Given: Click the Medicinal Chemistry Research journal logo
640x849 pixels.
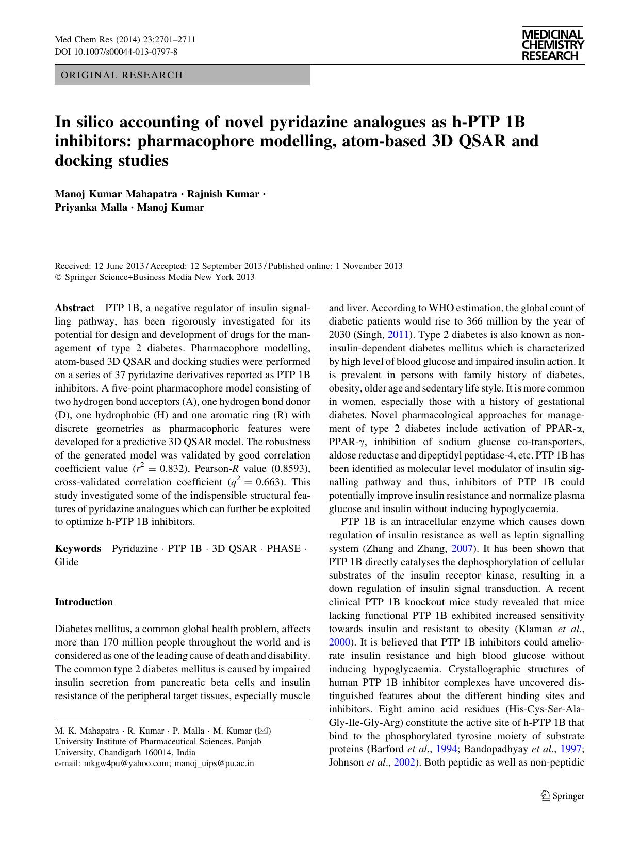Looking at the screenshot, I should (x=552, y=45).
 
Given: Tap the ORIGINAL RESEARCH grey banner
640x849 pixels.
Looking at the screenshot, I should (x=182, y=75).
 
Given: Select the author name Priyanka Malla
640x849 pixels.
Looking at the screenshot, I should (x=90, y=208).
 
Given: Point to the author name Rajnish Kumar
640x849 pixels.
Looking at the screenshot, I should (x=223, y=194).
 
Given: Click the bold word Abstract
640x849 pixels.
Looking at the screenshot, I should (x=74, y=308).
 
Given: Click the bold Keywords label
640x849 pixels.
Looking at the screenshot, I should (x=78, y=548).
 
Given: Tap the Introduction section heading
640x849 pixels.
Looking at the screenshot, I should (x=84, y=602).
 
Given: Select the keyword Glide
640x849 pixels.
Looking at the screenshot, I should (x=67, y=562).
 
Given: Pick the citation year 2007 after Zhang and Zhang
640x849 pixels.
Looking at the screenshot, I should (x=462, y=549).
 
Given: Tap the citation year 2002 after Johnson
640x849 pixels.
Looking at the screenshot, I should (x=404, y=763).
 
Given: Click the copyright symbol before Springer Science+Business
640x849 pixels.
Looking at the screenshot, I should (x=58, y=277).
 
